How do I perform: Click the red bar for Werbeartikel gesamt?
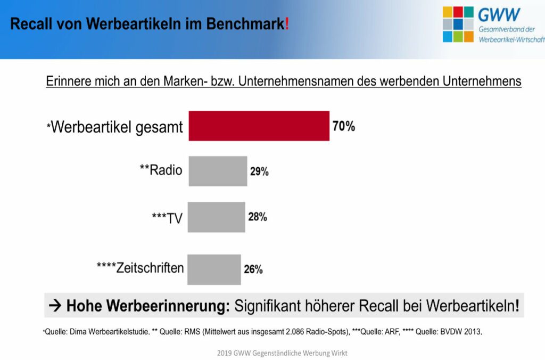[259, 126]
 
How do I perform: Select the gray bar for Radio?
[218, 171]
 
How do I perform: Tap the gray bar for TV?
[217, 217]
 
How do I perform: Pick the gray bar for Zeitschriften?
[214, 269]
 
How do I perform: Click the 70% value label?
[344, 127]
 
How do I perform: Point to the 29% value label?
[259, 171]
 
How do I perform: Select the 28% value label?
[257, 217]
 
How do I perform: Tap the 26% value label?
[253, 269]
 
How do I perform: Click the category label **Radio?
[161, 170]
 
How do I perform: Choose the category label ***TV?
[167, 218]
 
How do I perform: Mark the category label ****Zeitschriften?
[140, 267]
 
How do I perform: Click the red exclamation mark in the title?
[287, 24]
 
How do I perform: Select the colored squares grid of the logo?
[458, 24]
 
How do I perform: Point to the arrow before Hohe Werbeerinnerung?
[55, 306]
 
